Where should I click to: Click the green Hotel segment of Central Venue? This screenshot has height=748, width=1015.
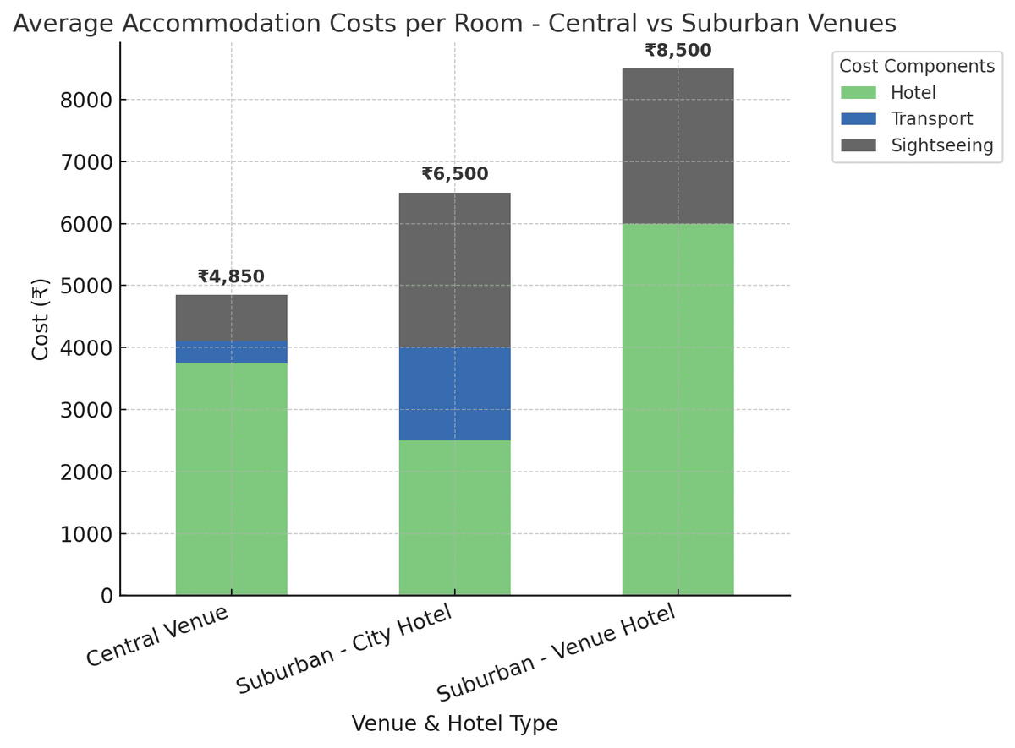pos(231,479)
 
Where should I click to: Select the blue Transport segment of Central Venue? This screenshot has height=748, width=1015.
pos(231,352)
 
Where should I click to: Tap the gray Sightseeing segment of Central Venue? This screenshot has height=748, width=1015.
pos(231,318)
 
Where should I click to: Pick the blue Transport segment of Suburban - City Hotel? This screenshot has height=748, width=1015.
pos(454,394)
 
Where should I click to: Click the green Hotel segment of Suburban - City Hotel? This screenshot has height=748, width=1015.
pos(454,517)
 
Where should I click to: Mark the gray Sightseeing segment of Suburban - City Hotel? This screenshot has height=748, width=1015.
pos(454,270)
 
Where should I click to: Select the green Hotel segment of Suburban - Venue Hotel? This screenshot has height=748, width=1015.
pos(678,409)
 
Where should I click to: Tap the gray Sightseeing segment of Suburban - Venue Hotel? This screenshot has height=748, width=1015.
pos(678,146)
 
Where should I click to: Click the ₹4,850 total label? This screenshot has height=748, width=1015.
pos(231,276)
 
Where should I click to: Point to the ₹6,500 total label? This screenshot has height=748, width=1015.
pos(454,174)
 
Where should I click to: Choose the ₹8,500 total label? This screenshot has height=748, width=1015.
pos(678,50)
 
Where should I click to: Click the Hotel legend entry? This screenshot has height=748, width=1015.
pos(913,93)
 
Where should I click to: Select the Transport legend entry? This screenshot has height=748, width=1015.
pos(931,119)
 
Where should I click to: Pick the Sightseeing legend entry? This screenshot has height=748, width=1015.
pos(941,145)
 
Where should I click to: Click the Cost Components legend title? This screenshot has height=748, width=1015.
pos(916,66)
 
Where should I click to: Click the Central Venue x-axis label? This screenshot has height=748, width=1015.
pos(158,635)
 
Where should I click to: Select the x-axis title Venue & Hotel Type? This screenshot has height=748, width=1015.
pos(454,723)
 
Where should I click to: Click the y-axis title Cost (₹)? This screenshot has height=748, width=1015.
pos(40,319)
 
